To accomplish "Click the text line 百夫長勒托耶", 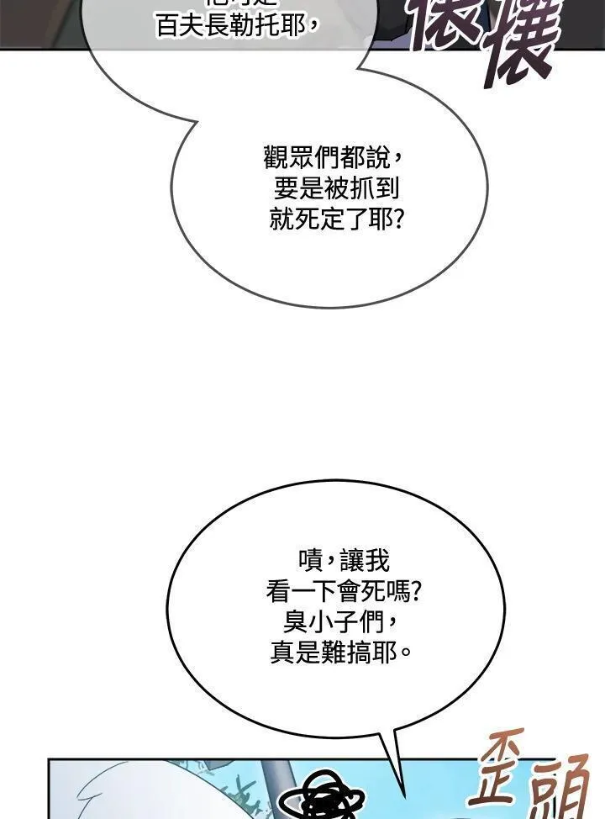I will coord(238,25).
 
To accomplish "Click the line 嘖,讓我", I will coord(343,559).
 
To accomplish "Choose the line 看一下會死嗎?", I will coord(344,591).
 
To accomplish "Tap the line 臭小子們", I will coord(336,622).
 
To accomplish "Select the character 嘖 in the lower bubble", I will coord(308,559).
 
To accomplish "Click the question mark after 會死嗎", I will coord(414,591).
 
